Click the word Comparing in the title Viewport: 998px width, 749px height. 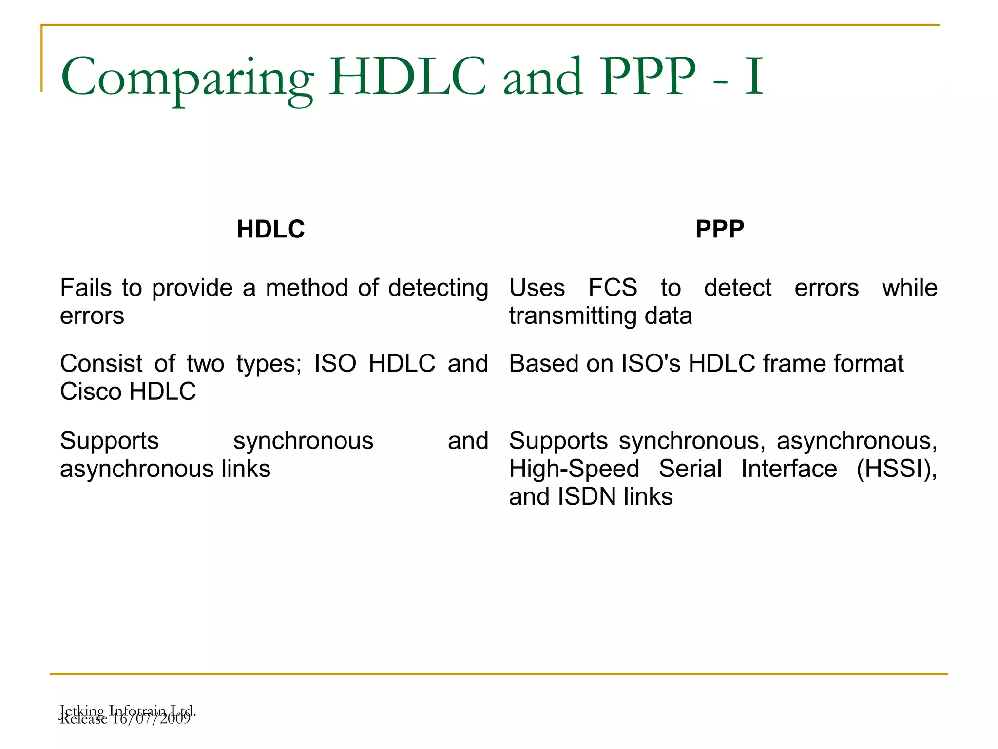click(187, 78)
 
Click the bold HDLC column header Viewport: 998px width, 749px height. click(270, 229)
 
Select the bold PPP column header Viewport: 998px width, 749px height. click(719, 229)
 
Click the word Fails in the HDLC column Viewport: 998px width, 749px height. click(86, 288)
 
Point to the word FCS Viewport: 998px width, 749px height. click(613, 288)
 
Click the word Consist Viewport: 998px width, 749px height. click(101, 364)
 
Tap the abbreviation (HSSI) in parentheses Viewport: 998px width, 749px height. click(896, 469)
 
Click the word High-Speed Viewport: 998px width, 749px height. click(574, 469)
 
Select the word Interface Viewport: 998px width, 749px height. click(789, 469)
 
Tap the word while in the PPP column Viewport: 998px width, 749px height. click(909, 288)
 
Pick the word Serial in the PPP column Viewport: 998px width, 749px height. click(690, 469)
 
